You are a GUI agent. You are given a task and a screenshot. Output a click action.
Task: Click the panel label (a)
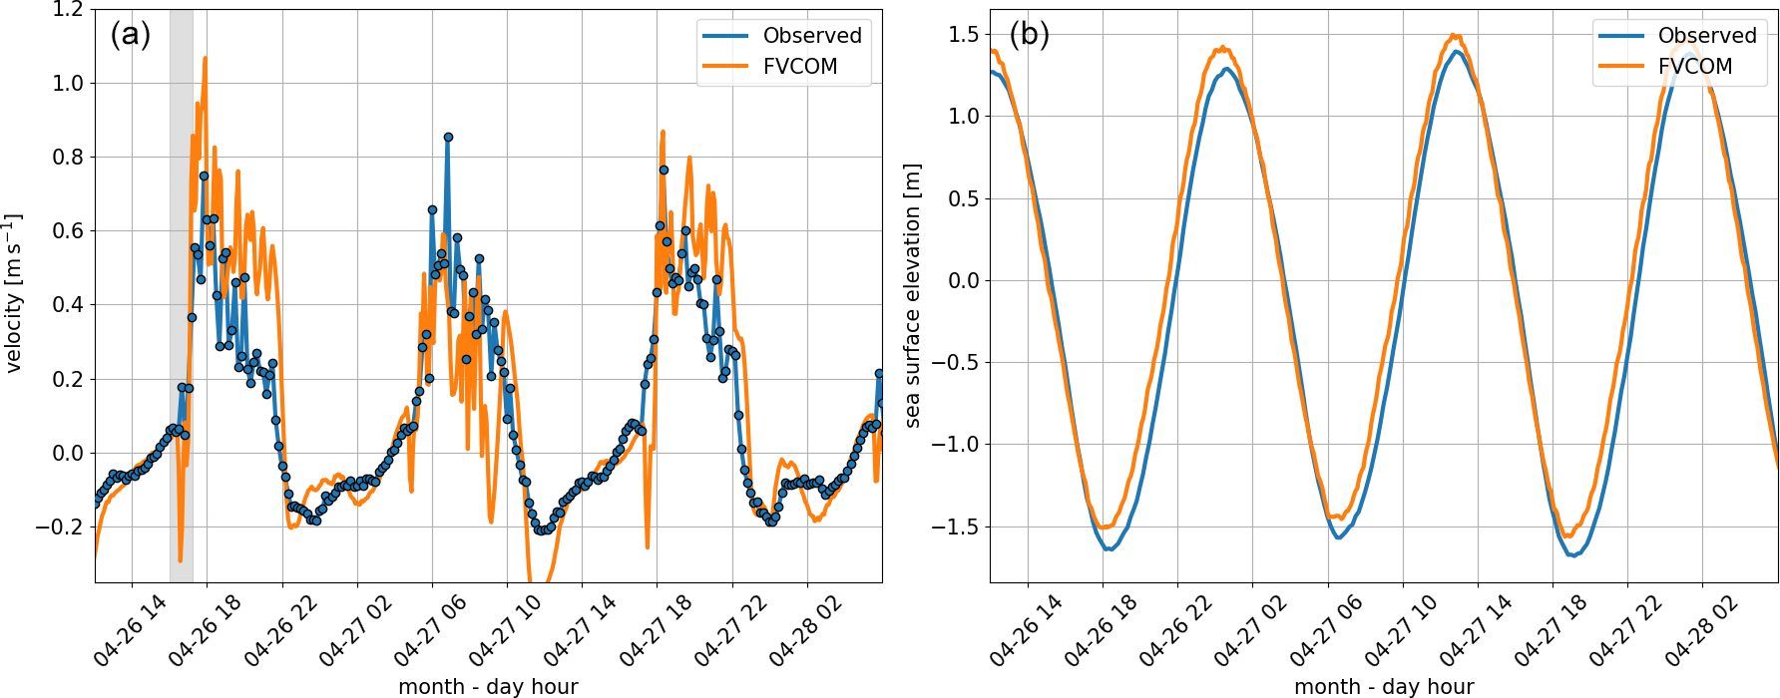[x=131, y=35]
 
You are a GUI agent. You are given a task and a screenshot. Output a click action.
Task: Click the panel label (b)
[x=1029, y=35]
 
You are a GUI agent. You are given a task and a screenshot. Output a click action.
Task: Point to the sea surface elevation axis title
[x=912, y=296]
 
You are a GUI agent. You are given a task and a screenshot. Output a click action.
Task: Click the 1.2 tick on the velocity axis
[x=68, y=10]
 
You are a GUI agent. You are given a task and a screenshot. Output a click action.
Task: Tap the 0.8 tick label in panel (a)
[x=68, y=158]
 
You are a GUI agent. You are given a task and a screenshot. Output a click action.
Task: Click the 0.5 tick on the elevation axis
[x=964, y=198]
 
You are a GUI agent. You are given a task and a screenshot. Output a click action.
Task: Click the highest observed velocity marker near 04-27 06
[x=448, y=138]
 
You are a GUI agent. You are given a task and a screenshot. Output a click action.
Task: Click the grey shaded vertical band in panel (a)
[x=181, y=299]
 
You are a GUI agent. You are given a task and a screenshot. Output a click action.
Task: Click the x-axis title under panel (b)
[x=1384, y=686]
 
